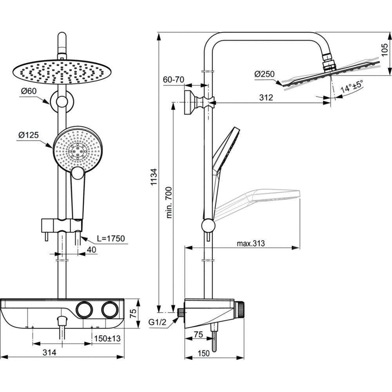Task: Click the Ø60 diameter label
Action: [29, 91]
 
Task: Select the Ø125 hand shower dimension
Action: [29, 135]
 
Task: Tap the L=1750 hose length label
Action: [108, 239]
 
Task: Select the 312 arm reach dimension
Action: [266, 98]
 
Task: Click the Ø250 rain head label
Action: [264, 74]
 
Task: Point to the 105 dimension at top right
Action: [386, 51]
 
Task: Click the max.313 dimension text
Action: [251, 243]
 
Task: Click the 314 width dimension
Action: [49, 352]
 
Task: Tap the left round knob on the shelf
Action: [84, 309]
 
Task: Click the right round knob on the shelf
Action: [109, 309]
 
